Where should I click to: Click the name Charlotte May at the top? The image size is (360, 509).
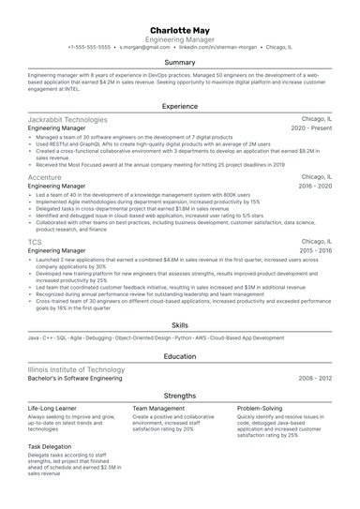[x=180, y=29]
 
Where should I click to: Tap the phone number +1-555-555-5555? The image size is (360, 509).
[x=90, y=46]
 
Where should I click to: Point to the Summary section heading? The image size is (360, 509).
[x=180, y=62]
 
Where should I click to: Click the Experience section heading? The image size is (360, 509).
[x=180, y=107]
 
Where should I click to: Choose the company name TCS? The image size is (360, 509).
[x=35, y=242]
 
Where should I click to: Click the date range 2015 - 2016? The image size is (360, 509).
[x=315, y=251]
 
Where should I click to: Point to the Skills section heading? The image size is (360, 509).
[x=180, y=323]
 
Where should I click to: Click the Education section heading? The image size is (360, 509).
[x=180, y=356]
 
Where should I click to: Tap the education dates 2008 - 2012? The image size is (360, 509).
[x=315, y=379]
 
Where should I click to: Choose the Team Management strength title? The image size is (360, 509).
[x=158, y=410]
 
